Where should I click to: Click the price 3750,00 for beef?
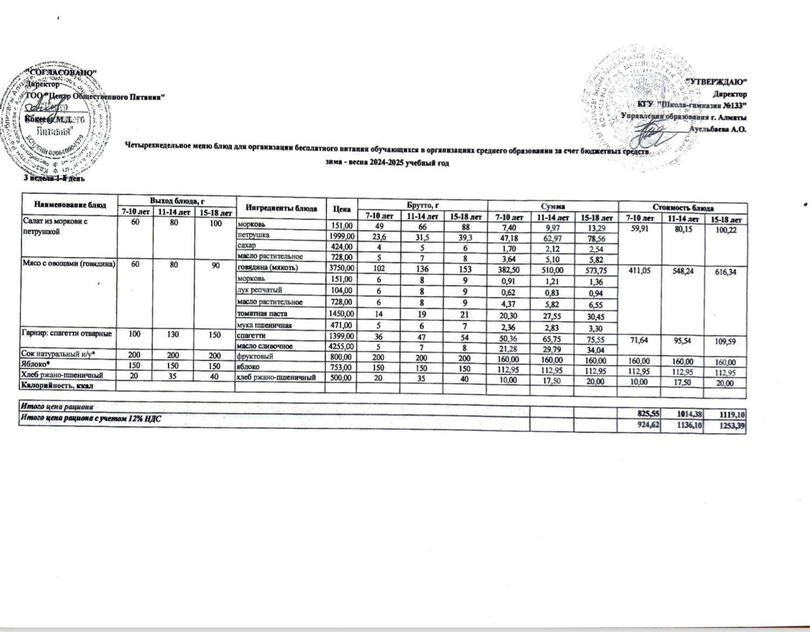[x=340, y=267]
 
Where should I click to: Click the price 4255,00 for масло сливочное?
[x=340, y=346]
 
